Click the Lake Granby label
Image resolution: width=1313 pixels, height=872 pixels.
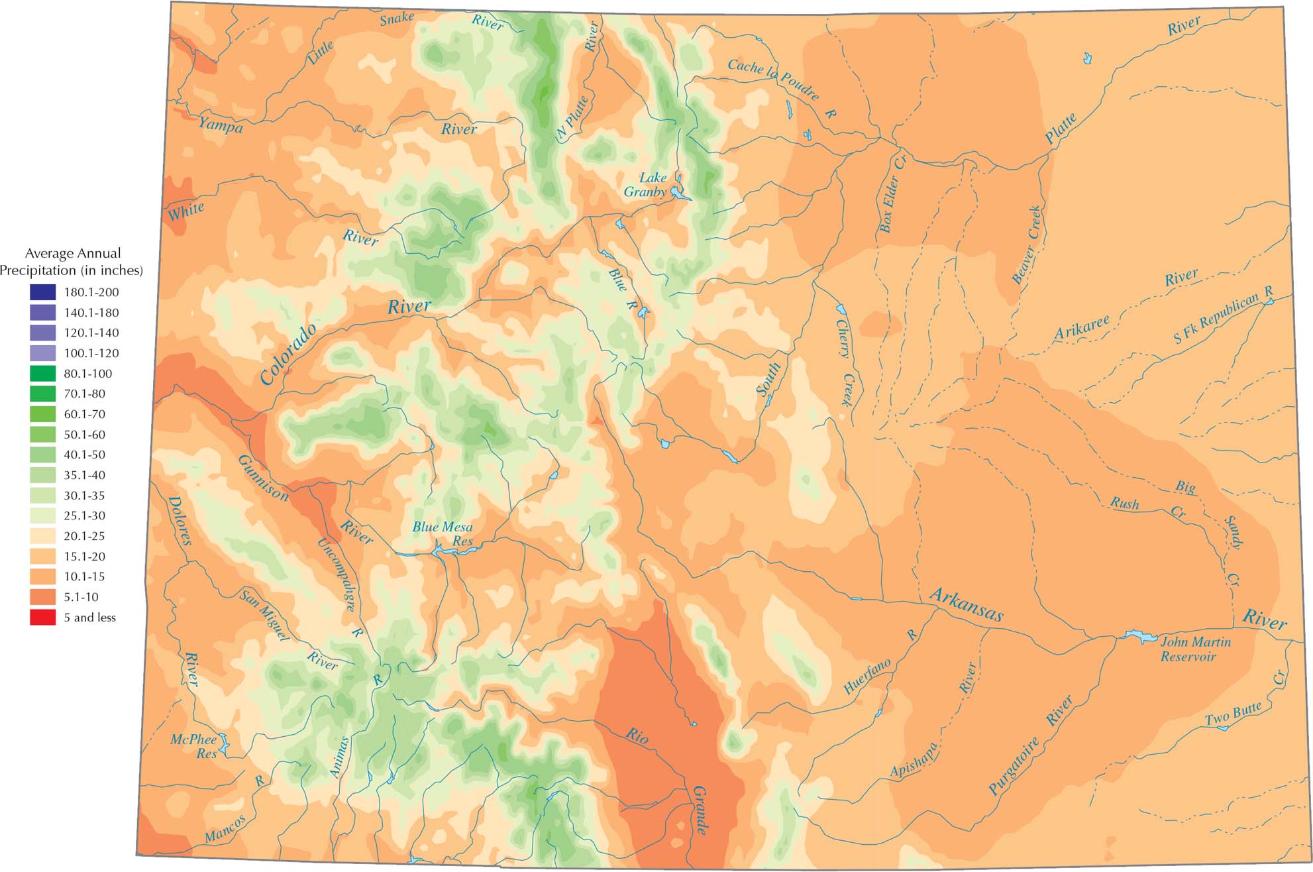point(646,185)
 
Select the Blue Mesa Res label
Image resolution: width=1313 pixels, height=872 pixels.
point(443,533)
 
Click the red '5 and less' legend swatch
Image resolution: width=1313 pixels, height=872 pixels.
point(42,618)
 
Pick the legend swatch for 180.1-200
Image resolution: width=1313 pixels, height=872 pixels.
point(42,292)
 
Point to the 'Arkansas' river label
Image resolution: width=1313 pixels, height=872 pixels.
point(966,604)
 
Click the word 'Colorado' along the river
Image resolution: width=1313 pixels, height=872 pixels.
point(288,354)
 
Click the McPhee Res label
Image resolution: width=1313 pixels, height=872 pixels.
point(194,746)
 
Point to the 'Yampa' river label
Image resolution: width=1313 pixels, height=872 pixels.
point(221,125)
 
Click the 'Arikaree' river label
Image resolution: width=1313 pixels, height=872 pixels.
point(1081,329)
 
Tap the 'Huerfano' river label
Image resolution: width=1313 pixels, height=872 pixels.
point(867,677)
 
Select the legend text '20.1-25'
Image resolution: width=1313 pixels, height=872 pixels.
point(84,536)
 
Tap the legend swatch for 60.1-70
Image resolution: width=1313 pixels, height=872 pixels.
point(42,414)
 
